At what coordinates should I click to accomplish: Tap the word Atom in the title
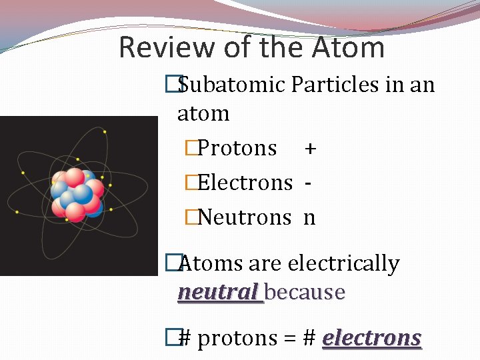tap(347, 48)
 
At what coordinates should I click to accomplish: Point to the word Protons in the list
tap(237, 147)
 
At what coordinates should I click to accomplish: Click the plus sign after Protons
tap(310, 148)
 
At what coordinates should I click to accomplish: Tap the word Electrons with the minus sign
tap(245, 182)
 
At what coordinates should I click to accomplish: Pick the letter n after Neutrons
tap(309, 218)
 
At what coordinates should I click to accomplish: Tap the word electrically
tap(343, 264)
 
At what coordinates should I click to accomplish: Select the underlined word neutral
tap(218, 292)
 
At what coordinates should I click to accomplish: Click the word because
tap(305, 292)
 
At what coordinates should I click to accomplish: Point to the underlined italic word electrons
tap(371, 338)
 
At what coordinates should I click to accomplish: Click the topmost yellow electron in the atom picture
tap(105, 132)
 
